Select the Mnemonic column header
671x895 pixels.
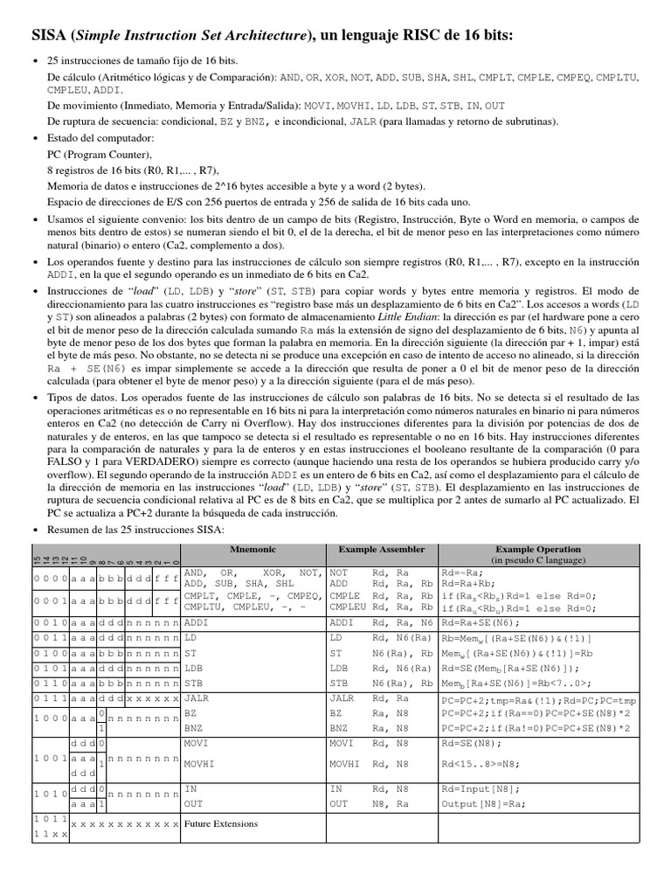(252, 549)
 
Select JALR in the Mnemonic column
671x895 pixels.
(197, 698)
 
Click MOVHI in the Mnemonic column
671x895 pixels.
(200, 763)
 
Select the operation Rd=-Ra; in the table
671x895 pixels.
(463, 572)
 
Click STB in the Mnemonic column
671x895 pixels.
(193, 683)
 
